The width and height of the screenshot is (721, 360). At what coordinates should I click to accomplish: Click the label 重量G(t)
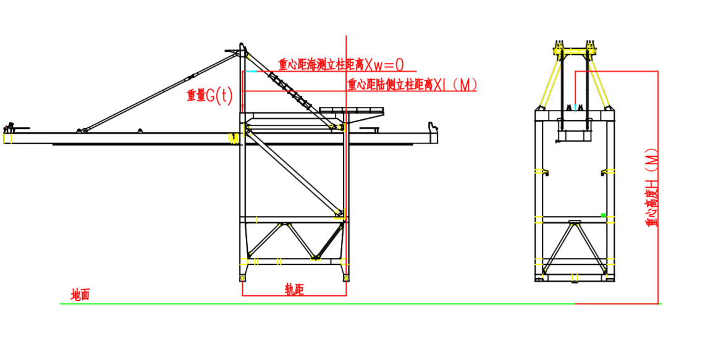tap(209, 96)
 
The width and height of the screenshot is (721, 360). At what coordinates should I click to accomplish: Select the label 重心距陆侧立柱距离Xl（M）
tap(411, 85)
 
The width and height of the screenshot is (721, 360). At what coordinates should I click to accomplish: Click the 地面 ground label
tap(80, 295)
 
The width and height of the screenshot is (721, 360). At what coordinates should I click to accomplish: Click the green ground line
tap(309, 304)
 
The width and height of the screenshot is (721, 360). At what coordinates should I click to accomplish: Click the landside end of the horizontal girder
tap(434, 132)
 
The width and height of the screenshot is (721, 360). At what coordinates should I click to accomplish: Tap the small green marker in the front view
tap(603, 215)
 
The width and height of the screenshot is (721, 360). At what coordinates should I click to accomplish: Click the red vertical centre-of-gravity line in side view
tap(347, 185)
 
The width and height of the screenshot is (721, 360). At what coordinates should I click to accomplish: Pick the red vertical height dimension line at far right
tap(658, 185)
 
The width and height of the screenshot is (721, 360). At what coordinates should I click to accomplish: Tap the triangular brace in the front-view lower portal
tap(574, 247)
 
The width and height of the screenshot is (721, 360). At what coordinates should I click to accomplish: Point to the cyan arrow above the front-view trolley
tap(576, 107)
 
